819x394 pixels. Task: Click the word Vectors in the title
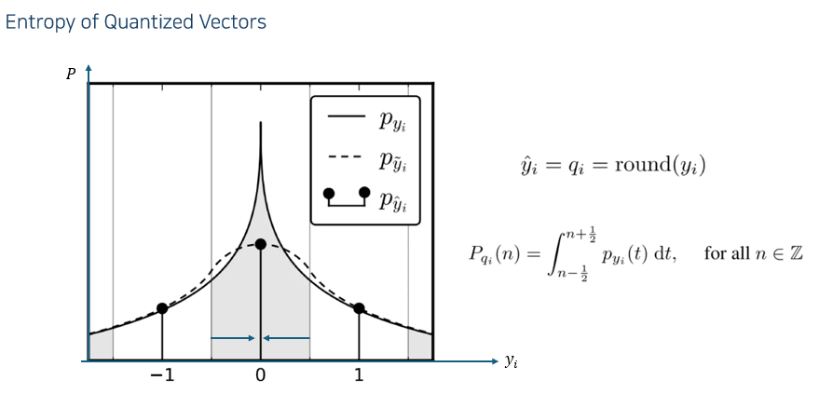(x=233, y=22)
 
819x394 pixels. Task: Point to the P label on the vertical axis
(x=70, y=74)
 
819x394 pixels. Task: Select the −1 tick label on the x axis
(x=161, y=376)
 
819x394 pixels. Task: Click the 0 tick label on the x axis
(x=261, y=376)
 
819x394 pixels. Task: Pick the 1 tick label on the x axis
(x=359, y=376)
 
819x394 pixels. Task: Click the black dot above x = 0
(x=261, y=244)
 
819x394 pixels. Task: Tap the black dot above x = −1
(x=162, y=308)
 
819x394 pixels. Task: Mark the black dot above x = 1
(x=359, y=308)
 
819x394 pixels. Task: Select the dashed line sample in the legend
(x=346, y=158)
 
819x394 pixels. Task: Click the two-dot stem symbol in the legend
(x=346, y=197)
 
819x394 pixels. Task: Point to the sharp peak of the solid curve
(x=261, y=123)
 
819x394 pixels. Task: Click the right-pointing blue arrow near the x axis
(x=234, y=338)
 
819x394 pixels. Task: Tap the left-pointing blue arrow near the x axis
(x=286, y=338)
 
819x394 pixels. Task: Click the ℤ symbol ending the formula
(x=796, y=253)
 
